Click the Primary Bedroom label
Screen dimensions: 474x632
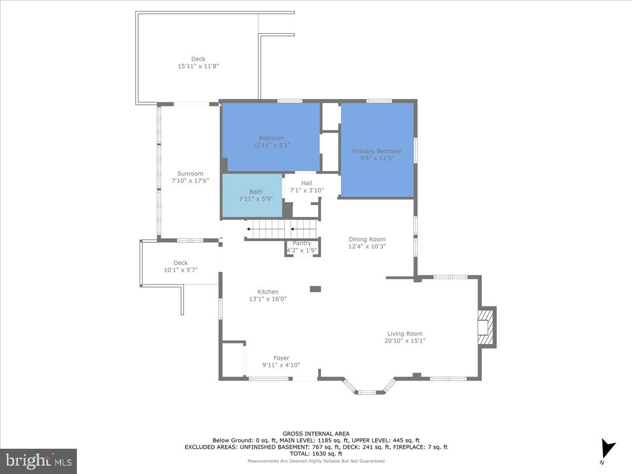tap(377, 151)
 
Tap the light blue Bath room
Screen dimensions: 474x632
tap(252, 195)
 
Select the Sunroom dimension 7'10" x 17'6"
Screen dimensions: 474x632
tap(190, 181)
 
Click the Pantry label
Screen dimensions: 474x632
tap(302, 243)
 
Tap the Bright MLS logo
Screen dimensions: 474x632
tap(38, 461)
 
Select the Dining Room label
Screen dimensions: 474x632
tap(367, 239)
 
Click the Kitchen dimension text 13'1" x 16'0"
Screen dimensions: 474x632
tap(268, 299)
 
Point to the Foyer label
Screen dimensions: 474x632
tap(281, 358)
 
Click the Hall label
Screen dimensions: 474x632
tap(307, 183)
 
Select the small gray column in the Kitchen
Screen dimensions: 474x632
tap(315, 289)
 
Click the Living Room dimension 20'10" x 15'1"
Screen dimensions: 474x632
tap(404, 341)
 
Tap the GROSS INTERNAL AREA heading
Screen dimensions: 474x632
tap(316, 434)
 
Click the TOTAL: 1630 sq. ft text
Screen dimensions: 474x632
tap(316, 453)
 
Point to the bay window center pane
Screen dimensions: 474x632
tap(368, 391)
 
